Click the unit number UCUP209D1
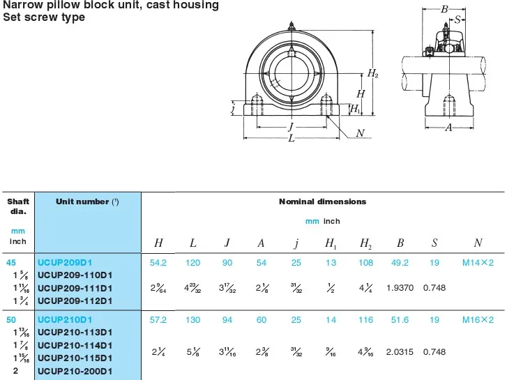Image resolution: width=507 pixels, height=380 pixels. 64,262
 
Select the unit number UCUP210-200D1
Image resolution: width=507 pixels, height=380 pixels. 75,371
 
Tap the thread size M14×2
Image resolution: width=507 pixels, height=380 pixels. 478,262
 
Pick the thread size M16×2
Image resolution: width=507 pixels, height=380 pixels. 478,319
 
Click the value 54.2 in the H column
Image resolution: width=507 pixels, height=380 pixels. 158,262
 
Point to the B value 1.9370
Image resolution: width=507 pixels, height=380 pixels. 400,288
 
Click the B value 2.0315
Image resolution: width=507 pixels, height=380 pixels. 400,352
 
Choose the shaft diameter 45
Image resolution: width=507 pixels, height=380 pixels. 11,262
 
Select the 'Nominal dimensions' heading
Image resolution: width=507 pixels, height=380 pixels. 322,202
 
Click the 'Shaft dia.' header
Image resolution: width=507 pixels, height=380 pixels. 18,206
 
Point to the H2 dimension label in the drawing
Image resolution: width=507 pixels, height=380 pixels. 372,74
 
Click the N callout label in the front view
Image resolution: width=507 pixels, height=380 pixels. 360,133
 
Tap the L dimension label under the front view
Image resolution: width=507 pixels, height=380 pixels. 292,138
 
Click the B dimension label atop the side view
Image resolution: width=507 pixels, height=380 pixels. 444,9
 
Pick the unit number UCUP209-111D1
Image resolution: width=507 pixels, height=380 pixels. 75,288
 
